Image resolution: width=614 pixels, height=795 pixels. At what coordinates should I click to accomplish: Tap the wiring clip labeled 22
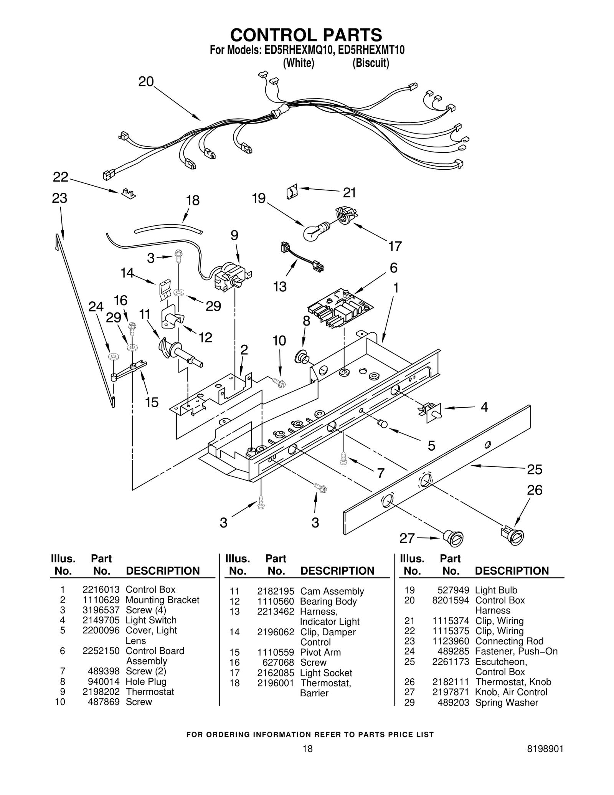[x=128, y=193]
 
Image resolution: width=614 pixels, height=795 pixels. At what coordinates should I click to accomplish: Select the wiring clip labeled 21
[x=292, y=191]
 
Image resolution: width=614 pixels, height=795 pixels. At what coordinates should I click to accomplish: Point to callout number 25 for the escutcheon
[x=534, y=469]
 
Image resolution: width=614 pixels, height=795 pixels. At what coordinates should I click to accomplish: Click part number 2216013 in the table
[x=101, y=589]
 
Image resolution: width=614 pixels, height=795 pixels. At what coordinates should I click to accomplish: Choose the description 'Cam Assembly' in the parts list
[x=332, y=591]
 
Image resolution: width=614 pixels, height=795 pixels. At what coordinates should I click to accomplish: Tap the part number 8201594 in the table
[x=450, y=600]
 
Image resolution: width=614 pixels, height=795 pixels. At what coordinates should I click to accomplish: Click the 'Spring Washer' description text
[x=506, y=702]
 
